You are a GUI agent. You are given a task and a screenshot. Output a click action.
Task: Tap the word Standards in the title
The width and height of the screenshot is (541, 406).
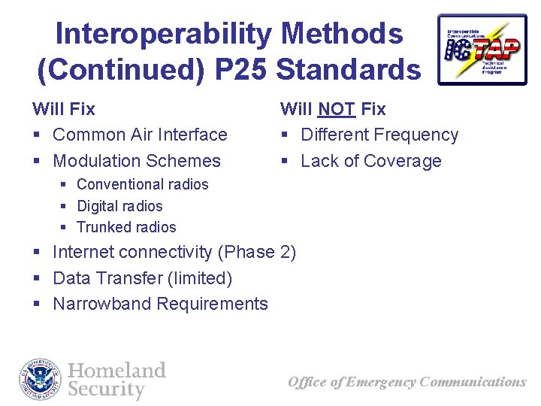349,69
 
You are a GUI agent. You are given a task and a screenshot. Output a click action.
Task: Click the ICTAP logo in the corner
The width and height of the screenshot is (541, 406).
482,49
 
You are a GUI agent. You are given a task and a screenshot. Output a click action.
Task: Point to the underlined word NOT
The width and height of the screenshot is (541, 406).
337,109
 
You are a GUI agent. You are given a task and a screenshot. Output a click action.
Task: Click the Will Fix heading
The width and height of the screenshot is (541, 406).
64,109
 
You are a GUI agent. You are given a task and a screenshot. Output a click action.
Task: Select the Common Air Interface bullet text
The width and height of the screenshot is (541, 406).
140,135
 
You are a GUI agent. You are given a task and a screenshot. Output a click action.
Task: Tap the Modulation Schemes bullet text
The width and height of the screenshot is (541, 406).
137,161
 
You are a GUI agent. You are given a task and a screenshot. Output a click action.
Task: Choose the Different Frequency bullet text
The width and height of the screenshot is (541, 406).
379,135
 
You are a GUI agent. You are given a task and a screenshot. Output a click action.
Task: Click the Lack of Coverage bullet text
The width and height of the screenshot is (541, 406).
371,161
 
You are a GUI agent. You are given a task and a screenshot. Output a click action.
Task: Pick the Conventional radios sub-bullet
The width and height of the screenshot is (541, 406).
143,184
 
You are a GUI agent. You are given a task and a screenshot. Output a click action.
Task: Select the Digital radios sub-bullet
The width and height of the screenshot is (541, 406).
119,206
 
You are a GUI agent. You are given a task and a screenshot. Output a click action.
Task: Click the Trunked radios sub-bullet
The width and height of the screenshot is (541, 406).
126,227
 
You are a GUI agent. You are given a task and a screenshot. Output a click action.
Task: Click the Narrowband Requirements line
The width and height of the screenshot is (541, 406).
160,304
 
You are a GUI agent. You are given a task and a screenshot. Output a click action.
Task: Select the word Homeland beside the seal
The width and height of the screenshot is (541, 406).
116,370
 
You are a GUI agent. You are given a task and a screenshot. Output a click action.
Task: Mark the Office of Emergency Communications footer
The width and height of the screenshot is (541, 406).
407,382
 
